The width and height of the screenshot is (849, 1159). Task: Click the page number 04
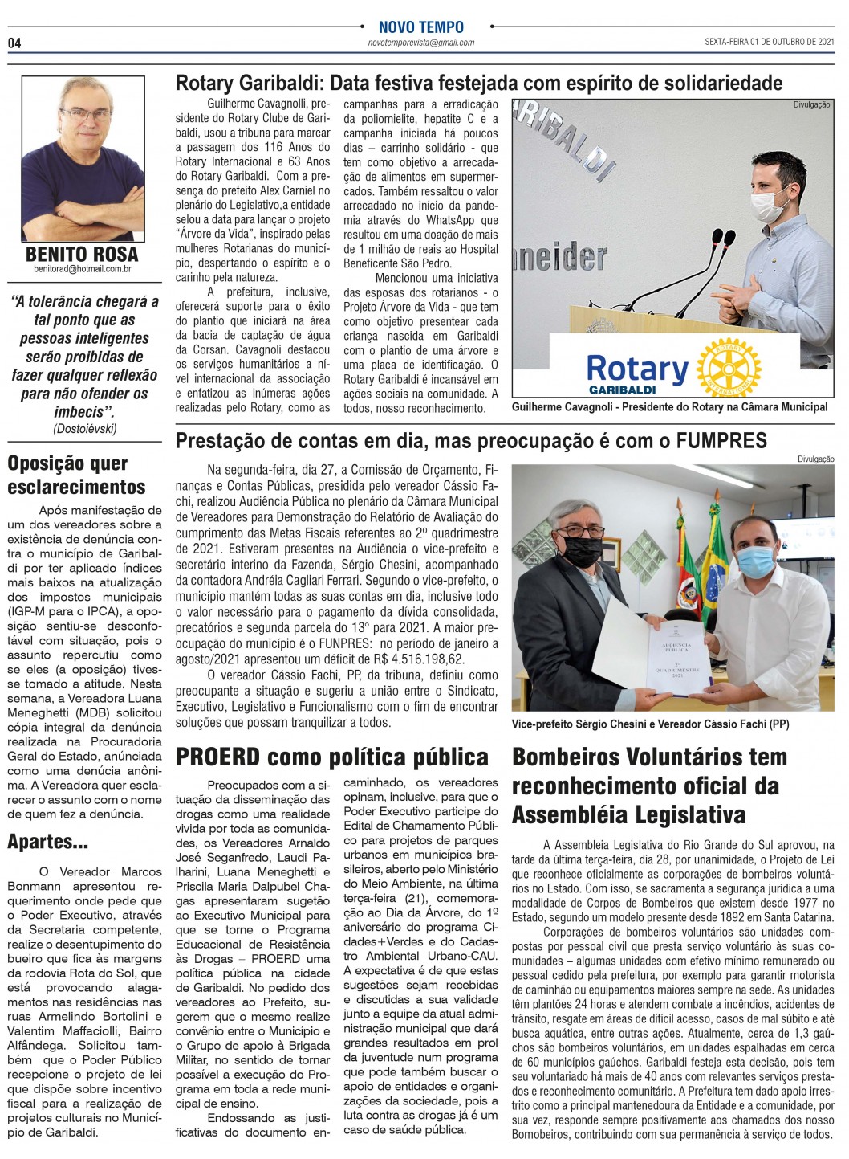click(14, 43)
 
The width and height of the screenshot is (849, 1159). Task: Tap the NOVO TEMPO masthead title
click(420, 27)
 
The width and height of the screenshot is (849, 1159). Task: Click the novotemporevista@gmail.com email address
click(420, 43)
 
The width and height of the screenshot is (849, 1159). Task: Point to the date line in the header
click(770, 42)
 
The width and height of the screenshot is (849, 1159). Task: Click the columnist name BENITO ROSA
click(82, 255)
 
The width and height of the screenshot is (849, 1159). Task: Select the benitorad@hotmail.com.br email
click(82, 270)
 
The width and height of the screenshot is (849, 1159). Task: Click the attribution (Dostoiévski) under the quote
click(85, 429)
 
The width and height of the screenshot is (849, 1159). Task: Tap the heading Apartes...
click(48, 842)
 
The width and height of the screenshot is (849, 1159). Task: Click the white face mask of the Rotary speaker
click(769, 203)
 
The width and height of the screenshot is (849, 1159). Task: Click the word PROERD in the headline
click(218, 757)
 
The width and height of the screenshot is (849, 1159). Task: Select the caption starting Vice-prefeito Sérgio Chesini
click(650, 724)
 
